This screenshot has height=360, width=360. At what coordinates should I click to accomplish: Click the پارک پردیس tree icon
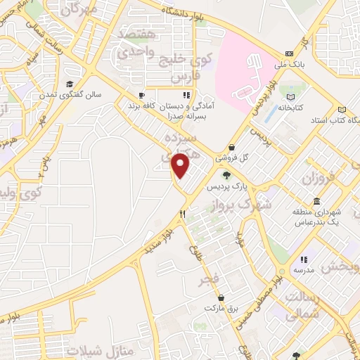(x=226, y=175)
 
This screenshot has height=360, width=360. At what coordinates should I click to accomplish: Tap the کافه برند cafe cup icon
(x=141, y=96)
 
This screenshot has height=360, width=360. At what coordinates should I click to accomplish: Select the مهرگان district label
(x=79, y=9)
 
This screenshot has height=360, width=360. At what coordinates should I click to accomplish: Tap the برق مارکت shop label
(x=218, y=308)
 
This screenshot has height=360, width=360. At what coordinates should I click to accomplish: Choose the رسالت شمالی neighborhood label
(x=305, y=302)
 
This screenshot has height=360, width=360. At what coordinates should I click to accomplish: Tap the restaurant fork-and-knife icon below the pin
(x=182, y=213)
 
